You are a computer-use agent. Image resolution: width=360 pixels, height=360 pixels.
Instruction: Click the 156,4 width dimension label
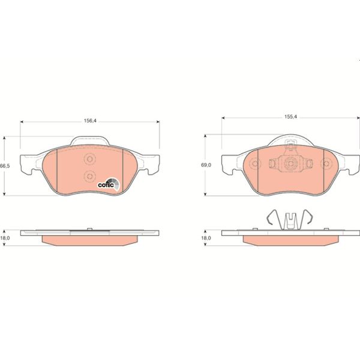pyautogui.click(x=89, y=121)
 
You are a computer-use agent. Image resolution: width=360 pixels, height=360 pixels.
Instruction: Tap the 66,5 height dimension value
pyautogui.click(x=5, y=166)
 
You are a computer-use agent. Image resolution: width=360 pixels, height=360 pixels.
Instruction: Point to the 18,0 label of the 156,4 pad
pyautogui.click(x=5, y=238)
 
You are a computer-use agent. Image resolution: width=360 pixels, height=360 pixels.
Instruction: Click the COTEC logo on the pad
pyautogui.click(x=109, y=184)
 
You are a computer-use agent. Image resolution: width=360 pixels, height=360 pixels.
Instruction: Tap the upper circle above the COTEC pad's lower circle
pyautogui.click(x=89, y=160)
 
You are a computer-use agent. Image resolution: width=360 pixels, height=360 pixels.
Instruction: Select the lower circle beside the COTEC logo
pyautogui.click(x=89, y=176)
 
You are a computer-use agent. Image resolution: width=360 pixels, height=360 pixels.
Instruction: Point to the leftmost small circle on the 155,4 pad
pyautogui.click(x=254, y=163)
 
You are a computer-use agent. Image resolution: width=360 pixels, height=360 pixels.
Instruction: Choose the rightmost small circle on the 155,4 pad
pyautogui.click(x=327, y=163)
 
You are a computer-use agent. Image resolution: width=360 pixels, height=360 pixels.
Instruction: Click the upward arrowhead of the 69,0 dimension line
pyautogui.click(x=208, y=136)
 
